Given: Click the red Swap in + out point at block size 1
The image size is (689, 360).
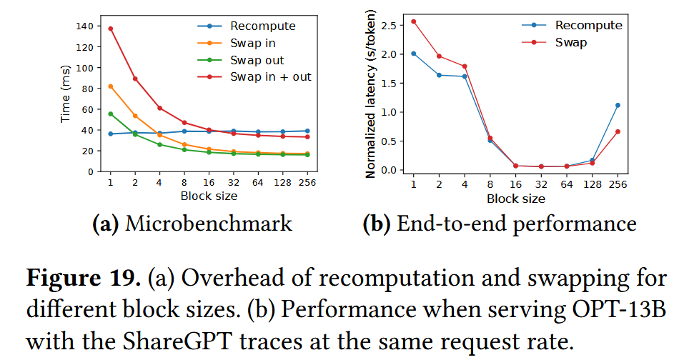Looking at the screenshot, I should point(111,29).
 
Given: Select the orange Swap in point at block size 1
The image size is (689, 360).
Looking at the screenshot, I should point(111,86).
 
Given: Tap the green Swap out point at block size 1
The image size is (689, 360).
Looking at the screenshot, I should point(111,114).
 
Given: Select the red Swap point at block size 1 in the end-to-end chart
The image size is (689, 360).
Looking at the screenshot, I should point(414,21).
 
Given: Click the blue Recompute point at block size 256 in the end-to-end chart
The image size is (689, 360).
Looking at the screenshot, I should point(618,105).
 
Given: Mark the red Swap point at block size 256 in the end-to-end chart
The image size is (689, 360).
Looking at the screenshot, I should point(618,131).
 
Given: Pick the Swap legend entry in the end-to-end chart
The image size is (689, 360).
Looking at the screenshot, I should point(571,43).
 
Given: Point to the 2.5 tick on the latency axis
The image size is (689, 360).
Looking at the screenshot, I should point(390,25).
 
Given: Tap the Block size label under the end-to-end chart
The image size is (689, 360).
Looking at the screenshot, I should point(515,198).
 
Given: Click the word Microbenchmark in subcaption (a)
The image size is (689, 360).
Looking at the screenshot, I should point(209,224).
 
